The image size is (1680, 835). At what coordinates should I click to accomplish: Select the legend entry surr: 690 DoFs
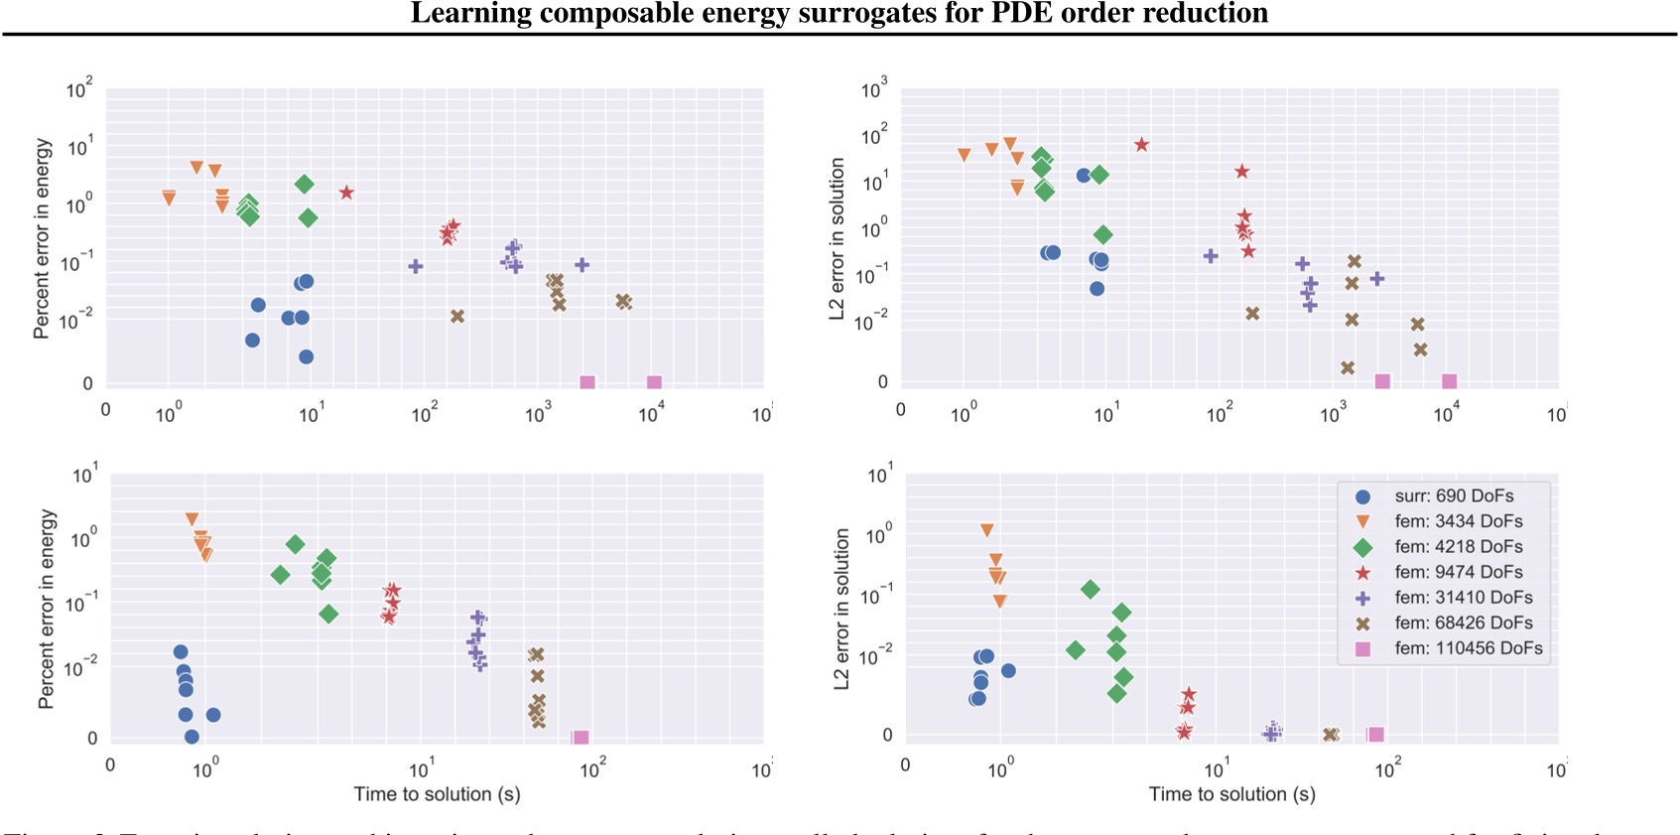[x=1454, y=496]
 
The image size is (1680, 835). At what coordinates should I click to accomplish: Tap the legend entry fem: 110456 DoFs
[x=1468, y=648]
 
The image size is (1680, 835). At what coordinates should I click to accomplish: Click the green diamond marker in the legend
[x=1363, y=547]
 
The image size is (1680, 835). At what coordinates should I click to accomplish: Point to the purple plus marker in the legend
[x=1363, y=598]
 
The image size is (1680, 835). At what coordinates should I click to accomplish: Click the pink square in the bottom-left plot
[x=582, y=738]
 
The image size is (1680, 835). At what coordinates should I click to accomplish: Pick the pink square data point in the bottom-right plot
[x=1375, y=735]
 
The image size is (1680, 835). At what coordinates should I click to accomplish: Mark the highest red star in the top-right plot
[x=1141, y=145]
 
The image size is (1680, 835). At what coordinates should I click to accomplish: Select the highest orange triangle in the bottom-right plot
[x=986, y=530]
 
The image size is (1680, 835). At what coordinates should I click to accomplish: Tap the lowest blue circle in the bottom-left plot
[x=192, y=737]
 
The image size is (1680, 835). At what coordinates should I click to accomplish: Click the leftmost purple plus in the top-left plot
[x=416, y=266]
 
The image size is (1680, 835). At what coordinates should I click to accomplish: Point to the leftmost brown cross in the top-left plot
[x=457, y=317]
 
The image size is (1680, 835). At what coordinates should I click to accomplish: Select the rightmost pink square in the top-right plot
[x=1449, y=381]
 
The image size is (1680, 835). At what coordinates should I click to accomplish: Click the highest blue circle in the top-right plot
[x=1084, y=176]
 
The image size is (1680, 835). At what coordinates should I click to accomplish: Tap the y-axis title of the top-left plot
[x=42, y=238]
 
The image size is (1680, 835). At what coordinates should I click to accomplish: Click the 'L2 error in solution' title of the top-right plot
[x=837, y=238]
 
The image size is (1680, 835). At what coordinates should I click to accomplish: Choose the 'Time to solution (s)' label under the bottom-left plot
[x=437, y=794]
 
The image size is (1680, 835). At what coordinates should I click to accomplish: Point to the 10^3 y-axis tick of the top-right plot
[x=873, y=90]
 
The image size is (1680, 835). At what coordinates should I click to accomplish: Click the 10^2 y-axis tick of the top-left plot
[x=79, y=90]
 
